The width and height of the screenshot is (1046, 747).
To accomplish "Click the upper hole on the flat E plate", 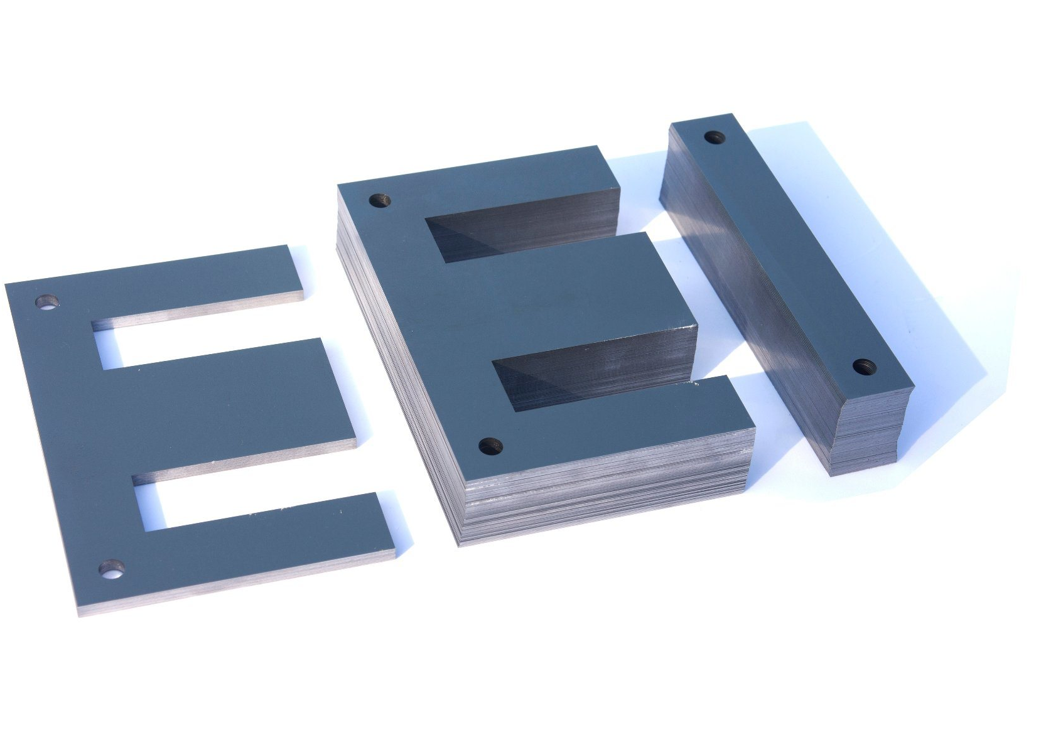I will pos(46,302).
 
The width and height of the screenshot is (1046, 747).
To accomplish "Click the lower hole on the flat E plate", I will pos(112,569).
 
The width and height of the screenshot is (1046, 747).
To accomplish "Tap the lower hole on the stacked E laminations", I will pos(491,447).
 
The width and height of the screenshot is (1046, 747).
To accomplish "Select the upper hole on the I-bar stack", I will pos(714,136).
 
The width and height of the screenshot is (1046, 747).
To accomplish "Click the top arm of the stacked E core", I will pos(502,182).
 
